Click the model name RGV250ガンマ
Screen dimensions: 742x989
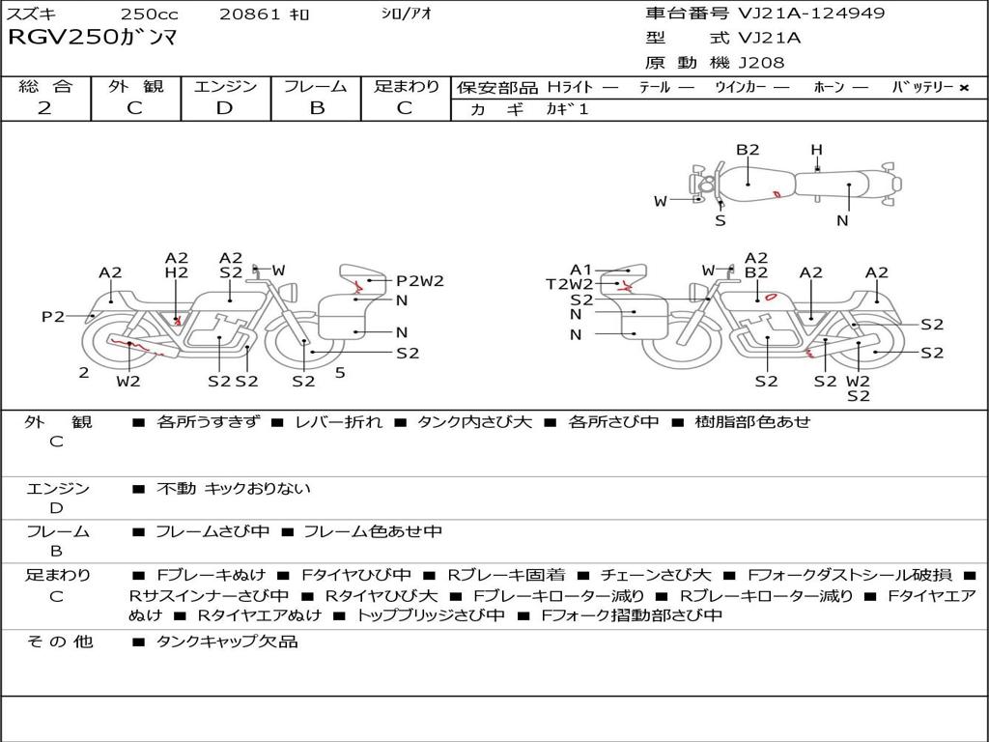coord(93,39)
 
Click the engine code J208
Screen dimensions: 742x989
coord(761,63)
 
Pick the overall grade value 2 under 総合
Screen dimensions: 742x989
coord(44,108)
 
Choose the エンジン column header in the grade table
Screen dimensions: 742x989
coord(226,86)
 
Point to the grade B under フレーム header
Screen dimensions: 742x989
coord(317,108)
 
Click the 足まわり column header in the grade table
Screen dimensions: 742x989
coord(407,86)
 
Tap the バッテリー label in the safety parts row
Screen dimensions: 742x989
coord(922,87)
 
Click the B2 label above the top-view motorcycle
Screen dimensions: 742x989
coord(749,150)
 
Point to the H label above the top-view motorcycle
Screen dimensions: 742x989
coord(816,150)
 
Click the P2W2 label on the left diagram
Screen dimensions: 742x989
coord(420,281)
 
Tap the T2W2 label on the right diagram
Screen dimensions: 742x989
coord(570,284)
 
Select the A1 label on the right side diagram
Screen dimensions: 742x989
coord(580,270)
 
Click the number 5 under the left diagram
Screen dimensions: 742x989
coord(340,372)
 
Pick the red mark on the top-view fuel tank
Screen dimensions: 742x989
coord(777,194)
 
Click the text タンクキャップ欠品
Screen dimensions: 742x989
coord(227,642)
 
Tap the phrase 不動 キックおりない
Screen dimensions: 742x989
coord(234,489)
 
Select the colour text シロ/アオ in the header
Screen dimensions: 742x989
coord(407,14)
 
